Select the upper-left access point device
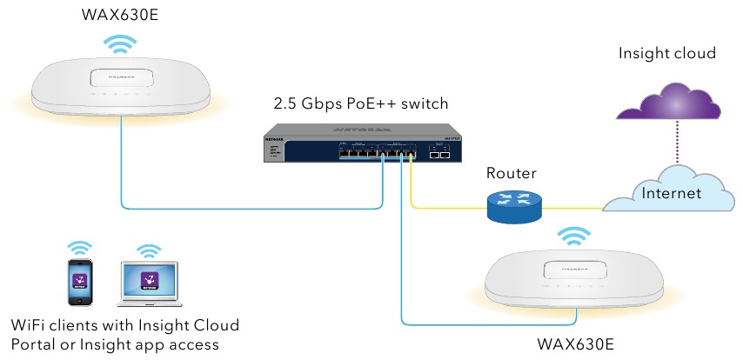(121, 86)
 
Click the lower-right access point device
(572, 277)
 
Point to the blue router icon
(512, 207)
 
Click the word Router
(512, 174)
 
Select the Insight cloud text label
(666, 54)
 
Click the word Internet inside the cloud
(671, 194)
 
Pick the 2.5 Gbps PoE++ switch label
(360, 104)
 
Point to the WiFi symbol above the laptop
(149, 250)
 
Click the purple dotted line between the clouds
(668, 143)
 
